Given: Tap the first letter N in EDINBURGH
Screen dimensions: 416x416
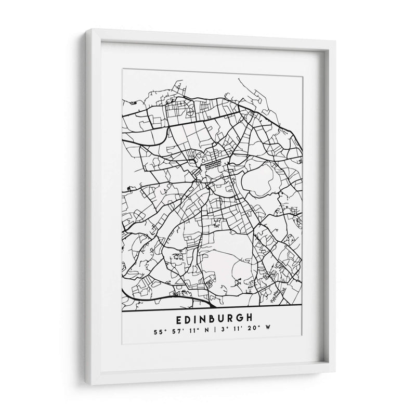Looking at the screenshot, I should [204, 317].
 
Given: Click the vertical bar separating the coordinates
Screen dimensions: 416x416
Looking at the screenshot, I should [217, 329].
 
